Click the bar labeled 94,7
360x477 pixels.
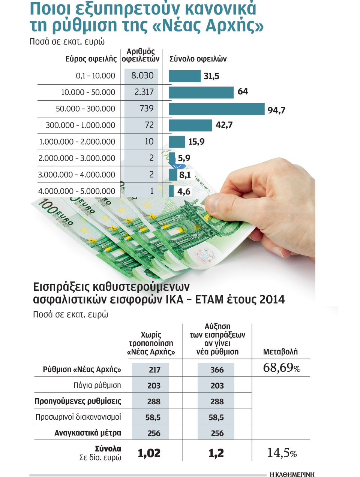[x=216, y=109]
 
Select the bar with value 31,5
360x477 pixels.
[x=184, y=76]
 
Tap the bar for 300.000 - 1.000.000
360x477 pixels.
[x=190, y=125]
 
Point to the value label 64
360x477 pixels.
[x=243, y=91]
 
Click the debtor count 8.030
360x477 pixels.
[x=142, y=76]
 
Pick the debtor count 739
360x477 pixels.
[x=146, y=109]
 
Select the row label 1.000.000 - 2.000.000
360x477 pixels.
[x=77, y=142]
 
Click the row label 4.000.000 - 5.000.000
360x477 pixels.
[x=76, y=191]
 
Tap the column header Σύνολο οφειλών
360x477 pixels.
[x=198, y=59]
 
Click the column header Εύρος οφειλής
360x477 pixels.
[x=91, y=59]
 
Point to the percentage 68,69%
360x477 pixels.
[x=281, y=368]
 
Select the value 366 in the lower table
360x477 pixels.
[x=217, y=370]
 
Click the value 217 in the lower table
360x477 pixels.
[x=154, y=370]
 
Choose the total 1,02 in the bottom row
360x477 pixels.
[x=149, y=453]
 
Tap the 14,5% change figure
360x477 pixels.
[x=281, y=453]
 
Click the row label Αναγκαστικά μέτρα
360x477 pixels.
[x=88, y=433]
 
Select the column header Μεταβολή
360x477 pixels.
[x=280, y=352]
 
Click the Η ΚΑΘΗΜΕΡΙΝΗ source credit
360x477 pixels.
[x=292, y=474]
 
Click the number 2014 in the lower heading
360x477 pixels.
[x=272, y=299]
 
